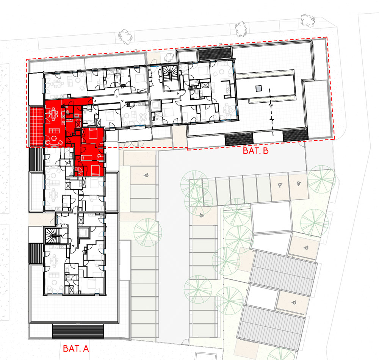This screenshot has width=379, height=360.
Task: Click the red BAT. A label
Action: [x=76, y=348]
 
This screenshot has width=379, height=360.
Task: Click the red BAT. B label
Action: [x=255, y=151]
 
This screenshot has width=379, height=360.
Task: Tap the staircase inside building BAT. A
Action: [x=53, y=235]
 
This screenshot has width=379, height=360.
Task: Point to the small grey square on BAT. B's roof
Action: [x=258, y=88]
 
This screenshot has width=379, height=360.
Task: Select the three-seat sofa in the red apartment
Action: [x=54, y=131]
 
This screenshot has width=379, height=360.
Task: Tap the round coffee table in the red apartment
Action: [x=53, y=139]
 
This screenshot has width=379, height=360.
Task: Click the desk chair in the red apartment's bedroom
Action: [x=99, y=157]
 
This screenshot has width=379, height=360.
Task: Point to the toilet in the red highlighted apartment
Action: [x=68, y=112]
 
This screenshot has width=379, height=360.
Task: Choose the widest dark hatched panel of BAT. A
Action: [x=78, y=332]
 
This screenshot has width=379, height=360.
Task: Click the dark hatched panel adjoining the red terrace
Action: [x=36, y=159]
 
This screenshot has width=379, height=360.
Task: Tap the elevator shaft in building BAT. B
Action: [x=155, y=106]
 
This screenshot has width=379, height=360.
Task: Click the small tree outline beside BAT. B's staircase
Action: [x=169, y=57]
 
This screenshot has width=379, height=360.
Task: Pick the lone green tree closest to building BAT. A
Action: [x=148, y=232]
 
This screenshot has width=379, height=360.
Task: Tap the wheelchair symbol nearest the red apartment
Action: [x=146, y=175]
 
